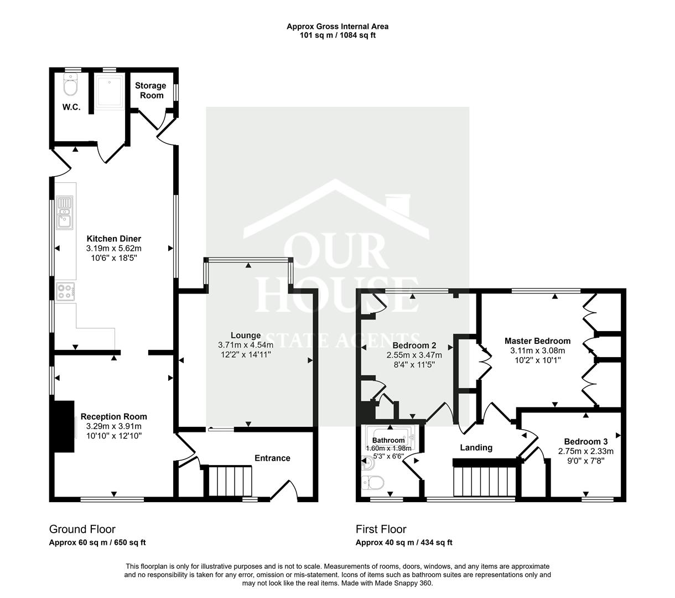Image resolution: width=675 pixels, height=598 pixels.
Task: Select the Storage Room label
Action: (x=150, y=90)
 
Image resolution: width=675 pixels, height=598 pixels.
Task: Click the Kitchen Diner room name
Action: (x=113, y=239)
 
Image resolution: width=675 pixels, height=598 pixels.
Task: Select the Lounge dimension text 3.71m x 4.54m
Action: (x=246, y=344)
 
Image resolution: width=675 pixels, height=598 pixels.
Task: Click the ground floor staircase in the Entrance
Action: (x=230, y=481)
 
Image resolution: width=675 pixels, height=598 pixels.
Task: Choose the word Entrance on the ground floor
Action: (x=272, y=458)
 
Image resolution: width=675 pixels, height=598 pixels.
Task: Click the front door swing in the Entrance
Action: (x=285, y=489)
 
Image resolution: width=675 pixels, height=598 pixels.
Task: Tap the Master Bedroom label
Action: (x=537, y=341)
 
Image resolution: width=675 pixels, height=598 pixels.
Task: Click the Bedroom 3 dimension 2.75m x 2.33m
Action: (x=586, y=451)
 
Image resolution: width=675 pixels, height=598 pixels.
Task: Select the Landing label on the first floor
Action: (x=476, y=447)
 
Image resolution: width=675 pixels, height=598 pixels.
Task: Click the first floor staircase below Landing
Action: (x=484, y=481)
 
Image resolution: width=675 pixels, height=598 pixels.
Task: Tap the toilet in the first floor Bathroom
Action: (x=372, y=483)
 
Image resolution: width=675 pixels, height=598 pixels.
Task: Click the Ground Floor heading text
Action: (x=82, y=529)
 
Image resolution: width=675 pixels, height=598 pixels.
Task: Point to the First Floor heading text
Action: (x=381, y=529)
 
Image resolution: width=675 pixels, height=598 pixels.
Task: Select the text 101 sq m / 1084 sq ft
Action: (x=337, y=35)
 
